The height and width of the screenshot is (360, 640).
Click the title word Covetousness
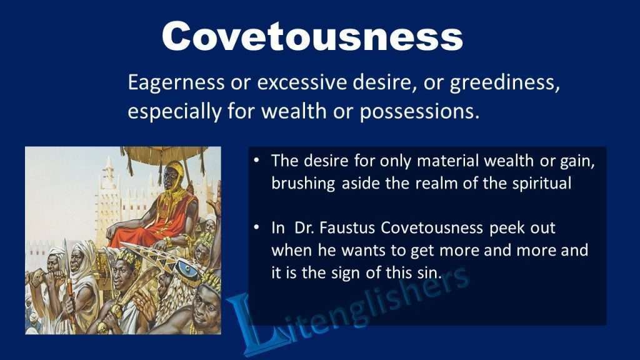point(312,36)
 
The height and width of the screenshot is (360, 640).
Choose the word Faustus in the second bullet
point(341,228)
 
